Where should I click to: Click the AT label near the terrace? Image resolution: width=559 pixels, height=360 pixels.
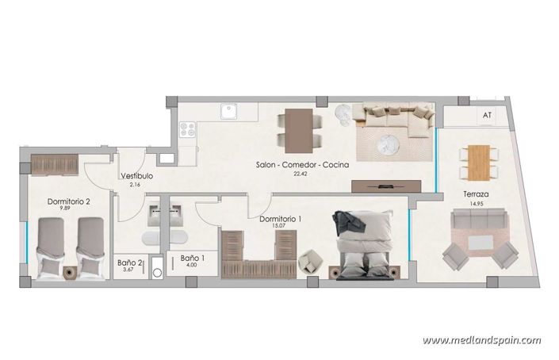point(487,115)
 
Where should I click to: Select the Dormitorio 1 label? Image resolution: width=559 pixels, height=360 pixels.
point(281,219)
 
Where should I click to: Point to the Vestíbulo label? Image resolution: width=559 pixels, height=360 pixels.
point(136,176)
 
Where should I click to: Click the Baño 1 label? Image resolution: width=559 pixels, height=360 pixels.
point(193,258)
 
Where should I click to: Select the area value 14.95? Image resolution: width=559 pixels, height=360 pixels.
point(476,204)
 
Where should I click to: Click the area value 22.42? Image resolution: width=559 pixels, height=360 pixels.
point(300,174)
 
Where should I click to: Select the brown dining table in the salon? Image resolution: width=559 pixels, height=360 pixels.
point(300,129)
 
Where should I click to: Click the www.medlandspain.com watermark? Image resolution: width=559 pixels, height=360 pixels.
point(481,340)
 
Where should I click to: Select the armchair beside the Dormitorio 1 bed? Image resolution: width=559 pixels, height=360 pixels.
point(309,259)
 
